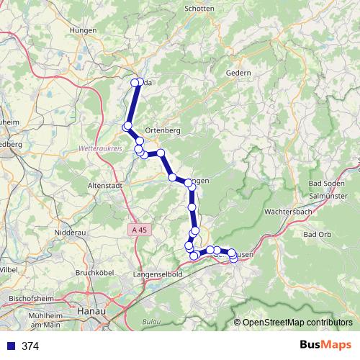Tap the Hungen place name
tap(85, 30)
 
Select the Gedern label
tap(238, 73)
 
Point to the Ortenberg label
tap(162, 130)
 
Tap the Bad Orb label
tap(316, 235)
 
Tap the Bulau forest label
tap(150, 320)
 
